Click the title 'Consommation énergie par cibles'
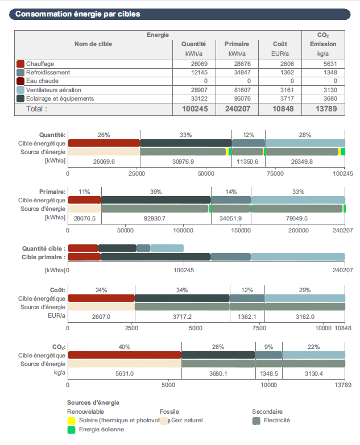tap(77, 14)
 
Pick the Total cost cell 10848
tap(279, 108)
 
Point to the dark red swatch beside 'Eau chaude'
tap(20, 81)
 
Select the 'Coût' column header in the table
tap(279, 44)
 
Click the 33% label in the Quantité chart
tap(185, 135)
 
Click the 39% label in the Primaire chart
tap(156, 192)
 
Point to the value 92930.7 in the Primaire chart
tap(156, 218)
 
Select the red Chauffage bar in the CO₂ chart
tap(124, 355)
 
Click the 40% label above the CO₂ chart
tap(124, 347)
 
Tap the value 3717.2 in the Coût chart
tap(182, 317)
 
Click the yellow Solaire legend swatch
tap(71, 421)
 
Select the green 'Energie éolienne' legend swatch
tap(71, 430)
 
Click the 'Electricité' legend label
tap(276, 421)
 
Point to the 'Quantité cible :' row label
tap(44, 248)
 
